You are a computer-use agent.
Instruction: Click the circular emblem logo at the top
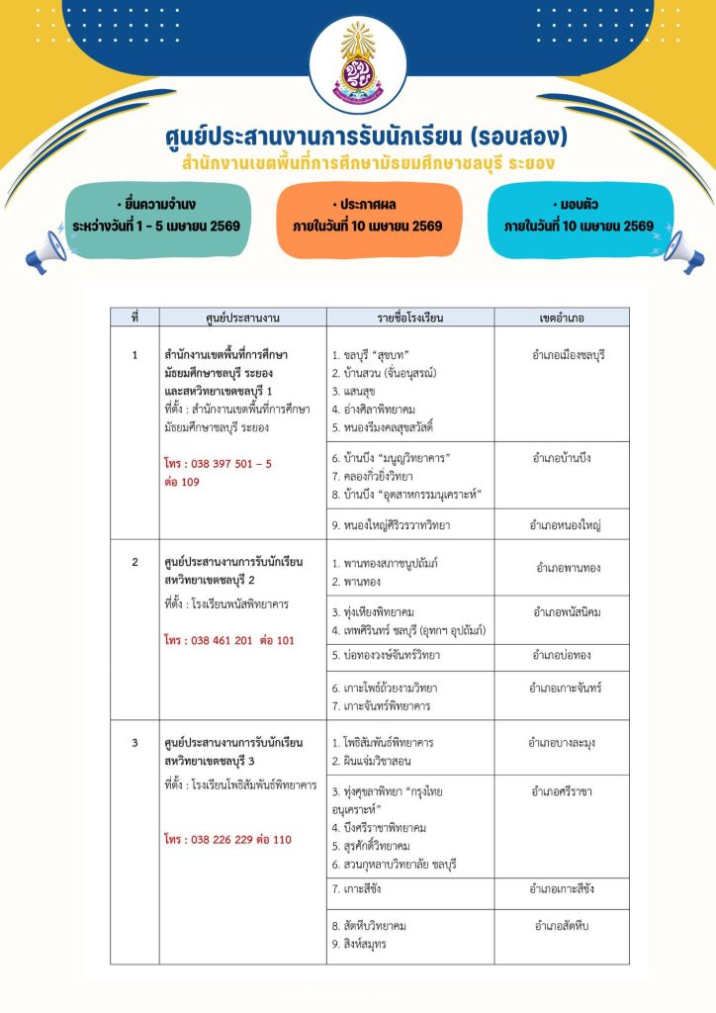(357, 61)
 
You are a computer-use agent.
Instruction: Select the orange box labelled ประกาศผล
(367, 216)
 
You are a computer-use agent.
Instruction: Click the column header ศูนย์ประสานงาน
(242, 318)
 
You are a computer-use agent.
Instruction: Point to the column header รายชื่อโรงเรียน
(410, 318)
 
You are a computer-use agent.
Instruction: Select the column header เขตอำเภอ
(562, 318)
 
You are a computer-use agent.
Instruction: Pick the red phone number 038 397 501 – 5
(219, 463)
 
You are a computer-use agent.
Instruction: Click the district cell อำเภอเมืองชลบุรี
(568, 354)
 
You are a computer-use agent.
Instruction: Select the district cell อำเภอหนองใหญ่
(566, 524)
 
